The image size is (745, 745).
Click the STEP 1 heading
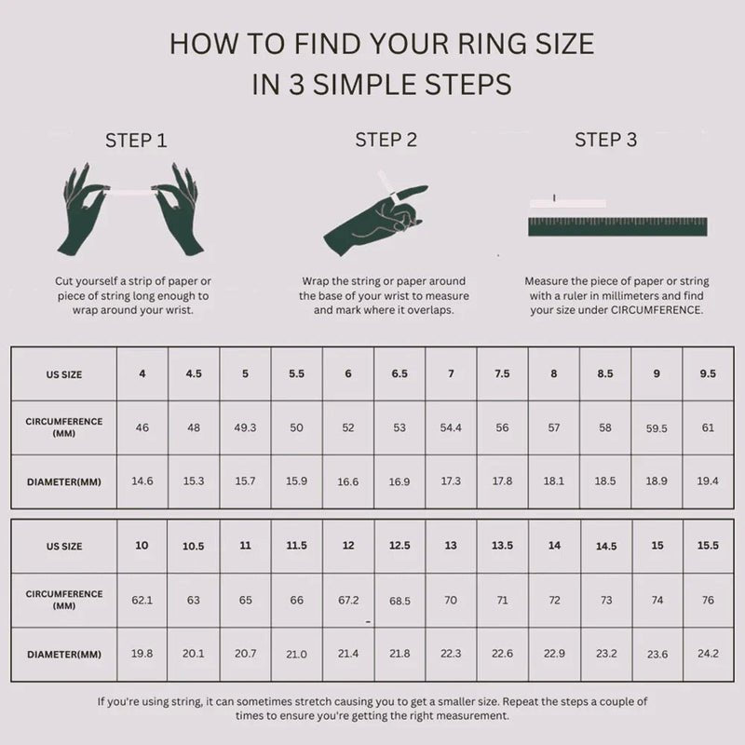[x=136, y=141]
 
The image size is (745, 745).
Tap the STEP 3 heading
[x=606, y=140]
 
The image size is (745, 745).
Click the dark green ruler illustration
[x=617, y=226]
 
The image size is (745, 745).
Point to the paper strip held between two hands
[x=130, y=192]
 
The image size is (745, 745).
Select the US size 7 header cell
[x=451, y=374]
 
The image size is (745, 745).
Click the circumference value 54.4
[x=451, y=427]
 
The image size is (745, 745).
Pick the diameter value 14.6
[x=142, y=481]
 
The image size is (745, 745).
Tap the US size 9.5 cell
[x=708, y=374]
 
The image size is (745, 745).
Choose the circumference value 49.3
[x=245, y=427]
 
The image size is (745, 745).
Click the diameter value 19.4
[x=708, y=481]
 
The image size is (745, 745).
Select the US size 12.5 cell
[x=400, y=546]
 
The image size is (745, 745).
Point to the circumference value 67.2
[x=348, y=600]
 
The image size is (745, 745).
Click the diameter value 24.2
[x=708, y=654]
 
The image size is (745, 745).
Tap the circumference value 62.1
[x=142, y=600]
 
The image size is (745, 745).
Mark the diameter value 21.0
[x=296, y=655]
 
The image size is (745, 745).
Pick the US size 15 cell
[x=657, y=546]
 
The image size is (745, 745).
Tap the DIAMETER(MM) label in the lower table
[x=64, y=655]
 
